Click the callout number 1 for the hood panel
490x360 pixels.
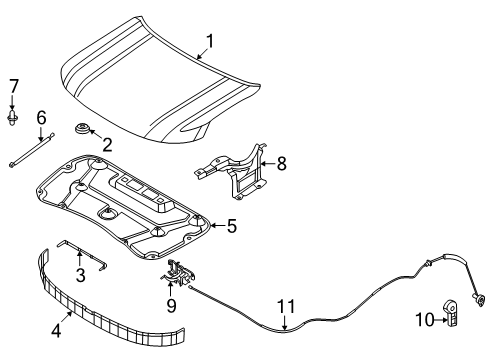[x=210, y=42]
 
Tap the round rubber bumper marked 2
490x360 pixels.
[x=81, y=128]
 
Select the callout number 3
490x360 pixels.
[x=81, y=275]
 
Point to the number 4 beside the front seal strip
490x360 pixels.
[x=56, y=330]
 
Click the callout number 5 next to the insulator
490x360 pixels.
[x=232, y=226]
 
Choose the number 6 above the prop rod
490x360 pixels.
[x=41, y=118]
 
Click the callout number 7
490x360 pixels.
[x=13, y=86]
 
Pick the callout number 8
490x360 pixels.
[x=282, y=164]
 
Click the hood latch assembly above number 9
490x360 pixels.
[x=178, y=273]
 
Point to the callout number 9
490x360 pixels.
[x=171, y=305]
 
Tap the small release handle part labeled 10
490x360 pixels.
[x=451, y=314]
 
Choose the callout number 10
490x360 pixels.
[x=425, y=320]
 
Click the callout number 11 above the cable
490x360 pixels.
[x=286, y=307]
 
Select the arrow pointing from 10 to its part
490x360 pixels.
[x=441, y=320]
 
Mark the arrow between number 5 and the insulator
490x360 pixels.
[x=218, y=226]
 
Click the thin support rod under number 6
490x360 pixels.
[x=32, y=150]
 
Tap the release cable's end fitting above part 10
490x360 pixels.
[x=479, y=300]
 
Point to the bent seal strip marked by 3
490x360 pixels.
[x=82, y=255]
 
